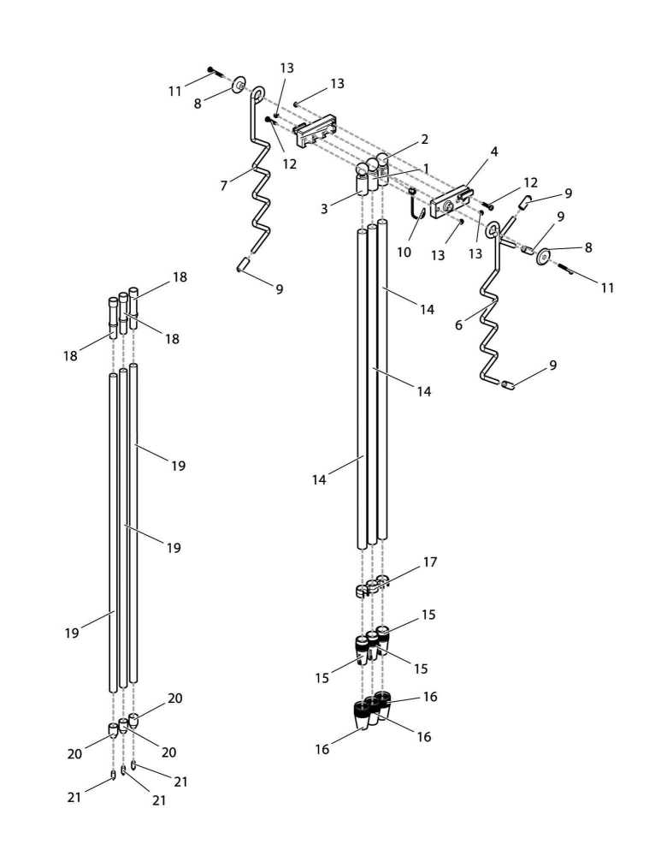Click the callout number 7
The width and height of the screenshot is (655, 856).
coord(224,186)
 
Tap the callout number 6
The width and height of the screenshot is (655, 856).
coord(458,325)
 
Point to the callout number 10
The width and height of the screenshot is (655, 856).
coord(404,253)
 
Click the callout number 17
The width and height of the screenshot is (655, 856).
coord(429,562)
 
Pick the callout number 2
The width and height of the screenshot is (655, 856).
coord(424,139)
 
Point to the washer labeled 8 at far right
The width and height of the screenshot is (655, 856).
coord(544,258)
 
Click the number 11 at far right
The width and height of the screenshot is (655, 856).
coord(606,288)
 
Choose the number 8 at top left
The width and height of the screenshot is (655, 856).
coord(198,103)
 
